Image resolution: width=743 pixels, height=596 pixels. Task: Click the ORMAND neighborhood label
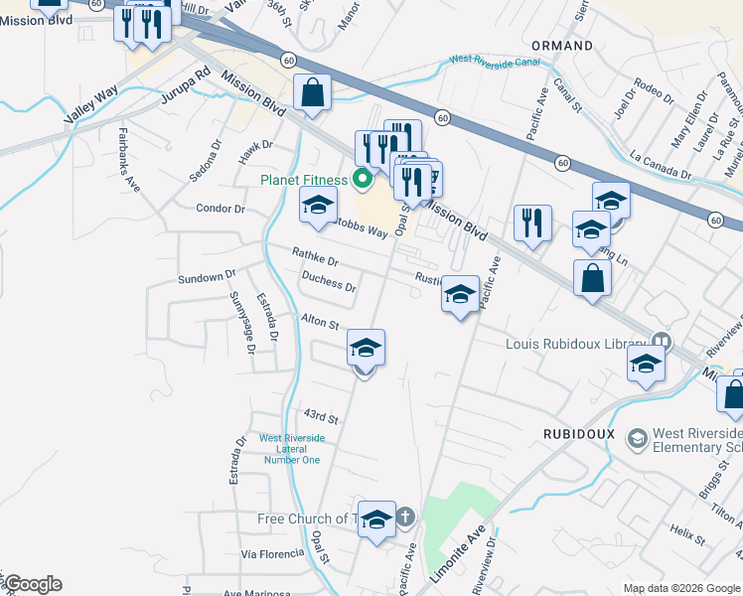click(x=562, y=46)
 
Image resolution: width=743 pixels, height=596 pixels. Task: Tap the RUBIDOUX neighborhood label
click(x=579, y=434)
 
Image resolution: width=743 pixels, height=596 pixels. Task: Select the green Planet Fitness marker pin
click(x=363, y=180)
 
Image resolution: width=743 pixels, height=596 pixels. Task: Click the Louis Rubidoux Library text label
click(x=576, y=344)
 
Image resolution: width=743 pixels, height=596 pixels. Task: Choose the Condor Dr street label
click(x=221, y=209)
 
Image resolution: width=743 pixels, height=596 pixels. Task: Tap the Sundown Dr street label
click(x=206, y=277)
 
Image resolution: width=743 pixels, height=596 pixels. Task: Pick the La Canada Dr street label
click(x=661, y=165)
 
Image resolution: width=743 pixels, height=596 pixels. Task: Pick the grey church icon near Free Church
click(x=404, y=517)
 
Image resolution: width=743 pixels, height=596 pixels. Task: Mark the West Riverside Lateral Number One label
click(x=290, y=448)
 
